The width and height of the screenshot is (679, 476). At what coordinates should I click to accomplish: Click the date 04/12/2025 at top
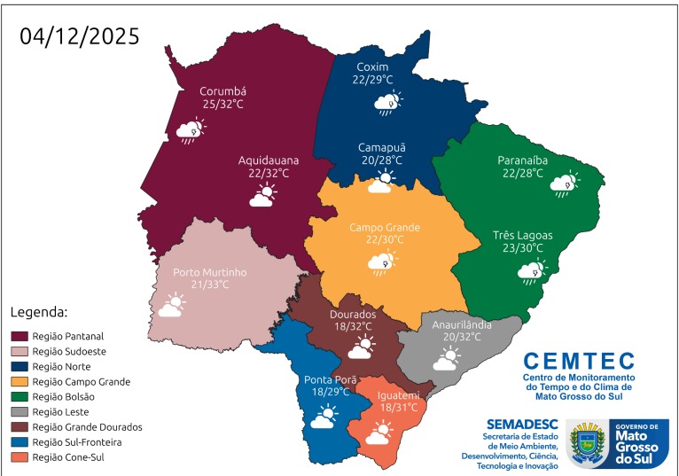[80, 35]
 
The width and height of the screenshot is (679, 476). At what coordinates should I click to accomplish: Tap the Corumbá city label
[222, 90]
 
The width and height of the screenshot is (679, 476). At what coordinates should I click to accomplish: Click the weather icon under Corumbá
[191, 131]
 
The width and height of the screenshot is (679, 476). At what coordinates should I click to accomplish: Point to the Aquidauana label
[269, 160]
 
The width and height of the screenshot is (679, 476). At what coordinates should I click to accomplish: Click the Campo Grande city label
[384, 227]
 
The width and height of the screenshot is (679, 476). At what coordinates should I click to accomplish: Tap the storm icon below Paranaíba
[564, 183]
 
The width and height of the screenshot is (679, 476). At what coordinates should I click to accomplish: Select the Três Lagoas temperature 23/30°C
[522, 248]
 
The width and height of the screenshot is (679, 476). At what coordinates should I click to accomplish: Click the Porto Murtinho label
[209, 272]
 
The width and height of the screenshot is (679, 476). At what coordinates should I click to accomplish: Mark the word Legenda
[39, 313]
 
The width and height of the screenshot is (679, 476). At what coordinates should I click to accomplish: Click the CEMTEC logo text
[579, 361]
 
